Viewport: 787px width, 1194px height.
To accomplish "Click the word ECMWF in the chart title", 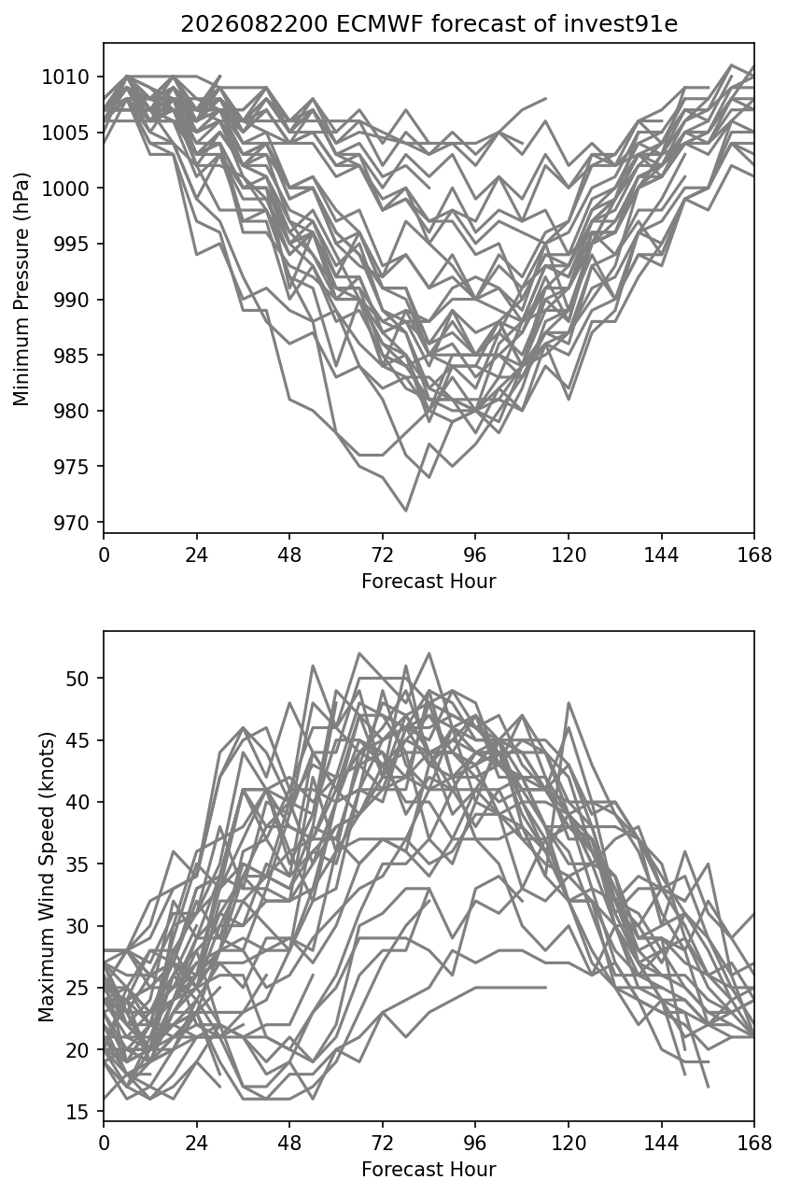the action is pos(380,24).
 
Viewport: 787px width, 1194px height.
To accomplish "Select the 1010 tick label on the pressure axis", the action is pos(65,77).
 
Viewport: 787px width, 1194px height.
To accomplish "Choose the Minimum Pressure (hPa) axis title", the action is pos(21,288).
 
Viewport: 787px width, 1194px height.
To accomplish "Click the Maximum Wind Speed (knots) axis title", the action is pos(47,877).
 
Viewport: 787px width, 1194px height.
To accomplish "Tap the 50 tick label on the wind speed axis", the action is pos(77,679).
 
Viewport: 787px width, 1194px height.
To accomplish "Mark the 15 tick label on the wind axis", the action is pos(77,1112).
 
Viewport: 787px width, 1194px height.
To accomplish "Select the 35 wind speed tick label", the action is pos(77,864).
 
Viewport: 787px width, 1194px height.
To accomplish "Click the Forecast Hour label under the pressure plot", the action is pos(429,581).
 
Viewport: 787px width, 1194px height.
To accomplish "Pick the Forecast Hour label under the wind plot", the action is pos(429,1170).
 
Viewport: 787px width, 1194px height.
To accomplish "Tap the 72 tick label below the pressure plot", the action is pos(383,555).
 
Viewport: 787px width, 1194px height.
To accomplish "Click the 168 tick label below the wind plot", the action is pos(754,1144).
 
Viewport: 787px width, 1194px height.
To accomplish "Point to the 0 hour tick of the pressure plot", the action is pos(104,555).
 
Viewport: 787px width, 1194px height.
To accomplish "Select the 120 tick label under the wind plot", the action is pos(569,1144).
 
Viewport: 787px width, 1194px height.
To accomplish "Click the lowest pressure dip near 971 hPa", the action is pos(406,511).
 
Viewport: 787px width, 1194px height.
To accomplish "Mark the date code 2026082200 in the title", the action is pos(254,24).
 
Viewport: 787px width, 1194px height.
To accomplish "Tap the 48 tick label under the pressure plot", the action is pos(289,555).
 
